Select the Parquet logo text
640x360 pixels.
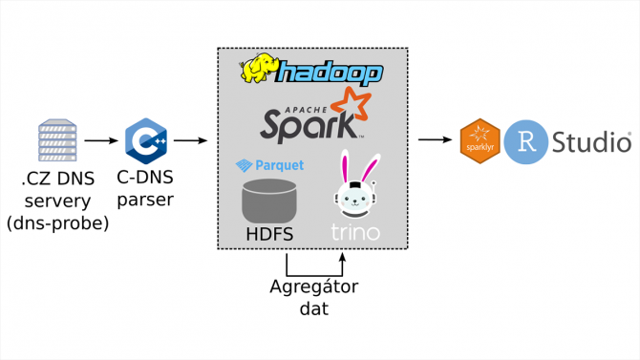point(271,165)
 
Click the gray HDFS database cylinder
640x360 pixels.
point(269,199)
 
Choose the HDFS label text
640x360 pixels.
point(269,233)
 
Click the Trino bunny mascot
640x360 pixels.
point(354,186)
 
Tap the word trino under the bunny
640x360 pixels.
point(355,232)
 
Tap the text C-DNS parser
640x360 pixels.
point(146,188)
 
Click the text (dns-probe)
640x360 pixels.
point(56,223)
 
